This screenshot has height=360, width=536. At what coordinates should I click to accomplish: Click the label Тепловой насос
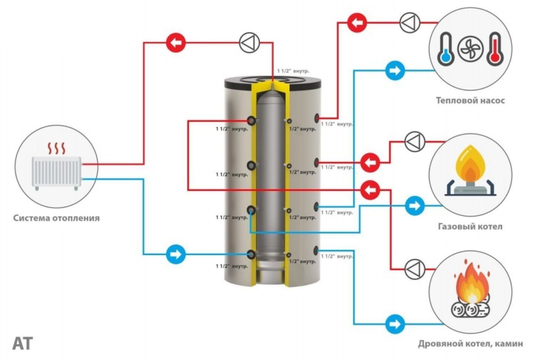[x=470, y=100]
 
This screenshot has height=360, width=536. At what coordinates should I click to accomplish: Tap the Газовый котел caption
[x=470, y=226]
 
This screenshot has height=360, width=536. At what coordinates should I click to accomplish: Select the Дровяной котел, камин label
[x=470, y=344]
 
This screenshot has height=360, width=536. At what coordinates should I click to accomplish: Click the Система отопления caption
[x=57, y=218]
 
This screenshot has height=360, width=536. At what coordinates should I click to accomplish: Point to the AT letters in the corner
[x=23, y=343]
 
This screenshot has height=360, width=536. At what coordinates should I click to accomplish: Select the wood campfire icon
[x=470, y=292]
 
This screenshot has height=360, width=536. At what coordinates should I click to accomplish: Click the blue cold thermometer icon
[x=445, y=49]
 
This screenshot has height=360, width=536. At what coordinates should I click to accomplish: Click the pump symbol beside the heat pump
[x=410, y=22]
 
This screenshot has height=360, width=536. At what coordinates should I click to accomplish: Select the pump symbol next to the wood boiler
[x=414, y=269]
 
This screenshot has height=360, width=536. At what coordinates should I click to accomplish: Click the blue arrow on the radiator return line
[x=176, y=254]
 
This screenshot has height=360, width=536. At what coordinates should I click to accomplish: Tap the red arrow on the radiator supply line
[x=176, y=43]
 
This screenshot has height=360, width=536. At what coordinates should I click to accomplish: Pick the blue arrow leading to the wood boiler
[x=395, y=324]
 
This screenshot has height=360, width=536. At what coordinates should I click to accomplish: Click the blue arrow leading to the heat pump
[x=395, y=70]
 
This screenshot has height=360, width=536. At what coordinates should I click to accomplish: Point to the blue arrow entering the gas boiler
[x=415, y=206]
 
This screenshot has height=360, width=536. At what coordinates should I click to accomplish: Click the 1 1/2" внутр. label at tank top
[x=293, y=71]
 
